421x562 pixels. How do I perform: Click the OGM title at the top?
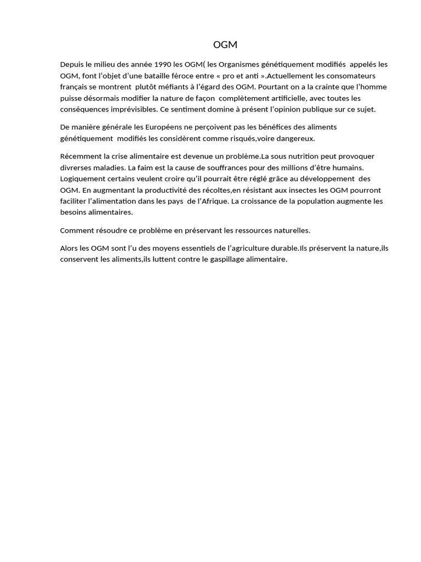[x=225, y=45]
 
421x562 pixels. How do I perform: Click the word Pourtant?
[x=273, y=87]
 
